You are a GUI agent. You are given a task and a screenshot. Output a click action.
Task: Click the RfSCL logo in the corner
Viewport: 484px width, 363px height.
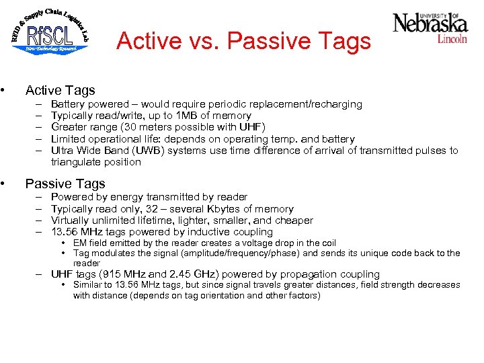50,32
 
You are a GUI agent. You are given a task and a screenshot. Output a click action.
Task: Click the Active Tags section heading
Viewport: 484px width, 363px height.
60,90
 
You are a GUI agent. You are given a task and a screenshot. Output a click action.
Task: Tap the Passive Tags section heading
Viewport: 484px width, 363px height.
65,184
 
